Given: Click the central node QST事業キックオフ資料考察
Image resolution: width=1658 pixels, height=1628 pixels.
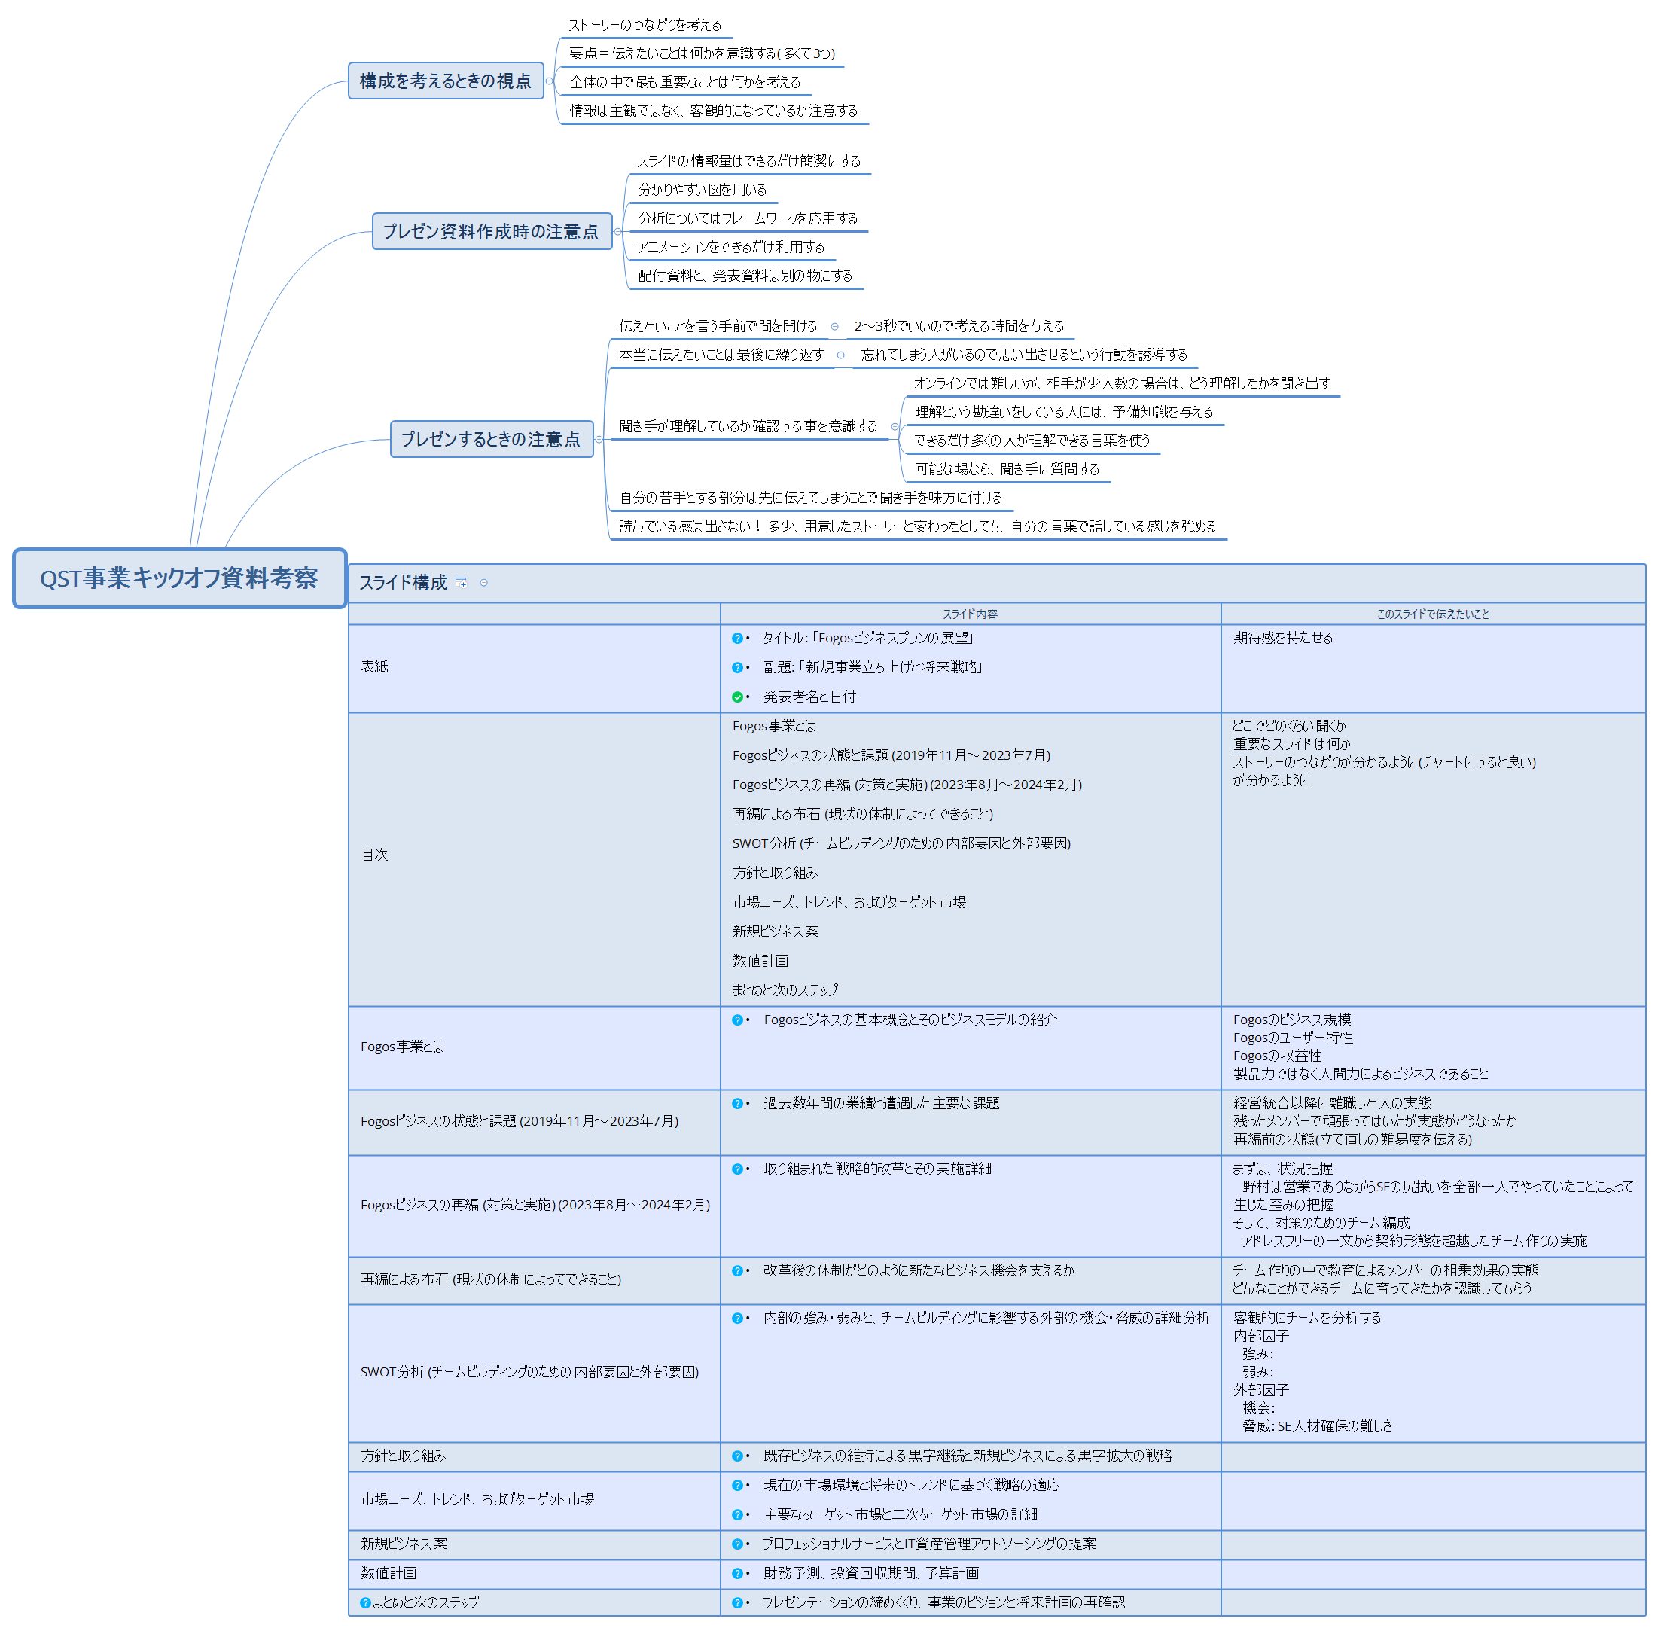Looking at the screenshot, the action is [x=179, y=579].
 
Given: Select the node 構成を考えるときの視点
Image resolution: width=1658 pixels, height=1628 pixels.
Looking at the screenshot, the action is [x=446, y=81].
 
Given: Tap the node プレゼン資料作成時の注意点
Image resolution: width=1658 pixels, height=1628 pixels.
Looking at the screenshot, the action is [x=492, y=231].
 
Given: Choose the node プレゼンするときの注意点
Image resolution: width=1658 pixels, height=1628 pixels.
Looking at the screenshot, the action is [x=492, y=439].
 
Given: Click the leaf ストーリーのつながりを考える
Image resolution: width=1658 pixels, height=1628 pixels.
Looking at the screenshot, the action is [x=645, y=25].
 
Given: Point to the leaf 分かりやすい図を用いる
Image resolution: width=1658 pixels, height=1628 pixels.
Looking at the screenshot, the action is [x=702, y=190].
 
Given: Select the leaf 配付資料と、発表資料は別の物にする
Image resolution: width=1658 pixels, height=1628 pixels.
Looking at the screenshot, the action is [x=745, y=276].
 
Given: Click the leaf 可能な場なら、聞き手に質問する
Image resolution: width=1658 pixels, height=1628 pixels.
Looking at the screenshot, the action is [x=1007, y=468].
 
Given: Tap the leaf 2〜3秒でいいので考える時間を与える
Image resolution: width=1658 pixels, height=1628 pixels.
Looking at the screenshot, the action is [x=959, y=326].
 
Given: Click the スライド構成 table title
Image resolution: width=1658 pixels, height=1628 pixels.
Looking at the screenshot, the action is [x=403, y=582].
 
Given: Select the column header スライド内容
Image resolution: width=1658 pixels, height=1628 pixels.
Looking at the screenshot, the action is [x=970, y=614].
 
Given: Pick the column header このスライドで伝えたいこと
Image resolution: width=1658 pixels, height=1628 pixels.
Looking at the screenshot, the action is [x=1432, y=614].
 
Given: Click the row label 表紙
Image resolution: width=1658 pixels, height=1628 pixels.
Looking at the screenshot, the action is [x=374, y=666].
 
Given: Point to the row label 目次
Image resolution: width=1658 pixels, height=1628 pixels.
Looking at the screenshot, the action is [x=374, y=854].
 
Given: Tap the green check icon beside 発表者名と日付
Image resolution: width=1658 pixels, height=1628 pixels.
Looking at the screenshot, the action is [x=737, y=697].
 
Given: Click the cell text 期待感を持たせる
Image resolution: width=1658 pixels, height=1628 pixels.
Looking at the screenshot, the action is [x=1282, y=638].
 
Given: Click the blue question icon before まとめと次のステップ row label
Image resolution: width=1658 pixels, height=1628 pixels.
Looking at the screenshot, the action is [x=365, y=1602].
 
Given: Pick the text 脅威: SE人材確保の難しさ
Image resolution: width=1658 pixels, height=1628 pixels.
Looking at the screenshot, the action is [x=1318, y=1425].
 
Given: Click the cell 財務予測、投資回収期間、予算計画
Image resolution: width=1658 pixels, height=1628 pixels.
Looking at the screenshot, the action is [x=871, y=1572].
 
